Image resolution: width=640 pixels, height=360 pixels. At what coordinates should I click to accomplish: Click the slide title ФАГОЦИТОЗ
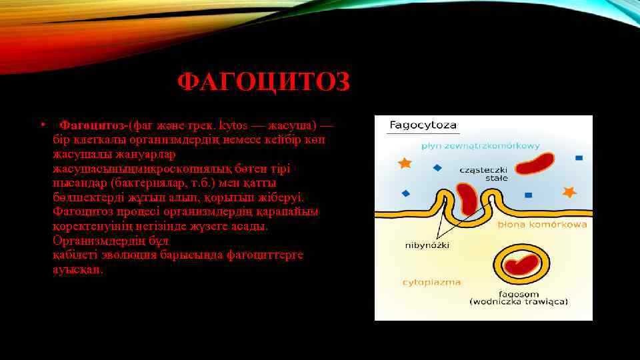(x=263, y=83)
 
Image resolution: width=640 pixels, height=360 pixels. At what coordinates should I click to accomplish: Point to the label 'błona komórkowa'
(x=542, y=225)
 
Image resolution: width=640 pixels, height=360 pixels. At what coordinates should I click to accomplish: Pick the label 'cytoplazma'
(x=431, y=282)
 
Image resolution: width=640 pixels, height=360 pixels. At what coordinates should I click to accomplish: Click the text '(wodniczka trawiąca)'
(x=519, y=301)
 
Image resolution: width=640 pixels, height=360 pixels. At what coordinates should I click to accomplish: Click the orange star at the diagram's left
(x=404, y=162)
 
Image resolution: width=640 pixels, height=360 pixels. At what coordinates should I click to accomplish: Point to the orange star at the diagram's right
(x=569, y=192)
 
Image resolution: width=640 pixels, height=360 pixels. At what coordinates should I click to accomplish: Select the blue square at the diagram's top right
(x=578, y=158)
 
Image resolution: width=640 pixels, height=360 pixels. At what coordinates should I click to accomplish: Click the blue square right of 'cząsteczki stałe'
(x=528, y=195)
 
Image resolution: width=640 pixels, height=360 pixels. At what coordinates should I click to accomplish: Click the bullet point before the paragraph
(x=42, y=124)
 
